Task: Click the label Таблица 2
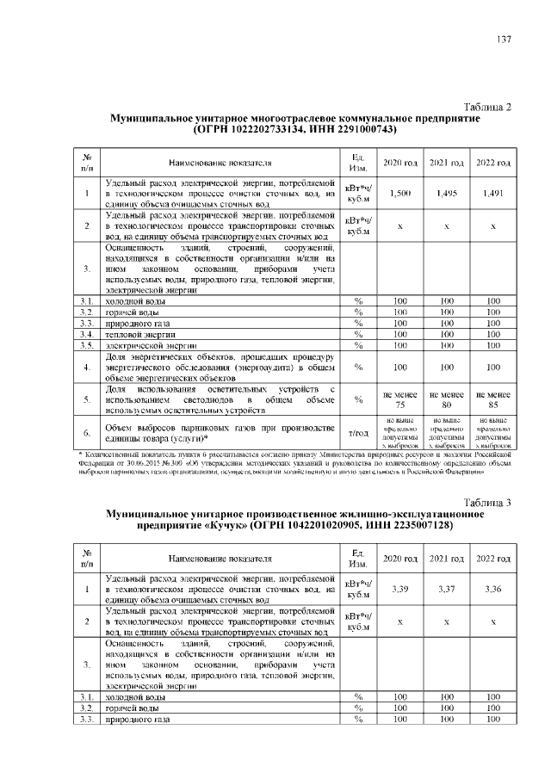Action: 486,107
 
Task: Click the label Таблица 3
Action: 486,503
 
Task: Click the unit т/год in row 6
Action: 356,434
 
